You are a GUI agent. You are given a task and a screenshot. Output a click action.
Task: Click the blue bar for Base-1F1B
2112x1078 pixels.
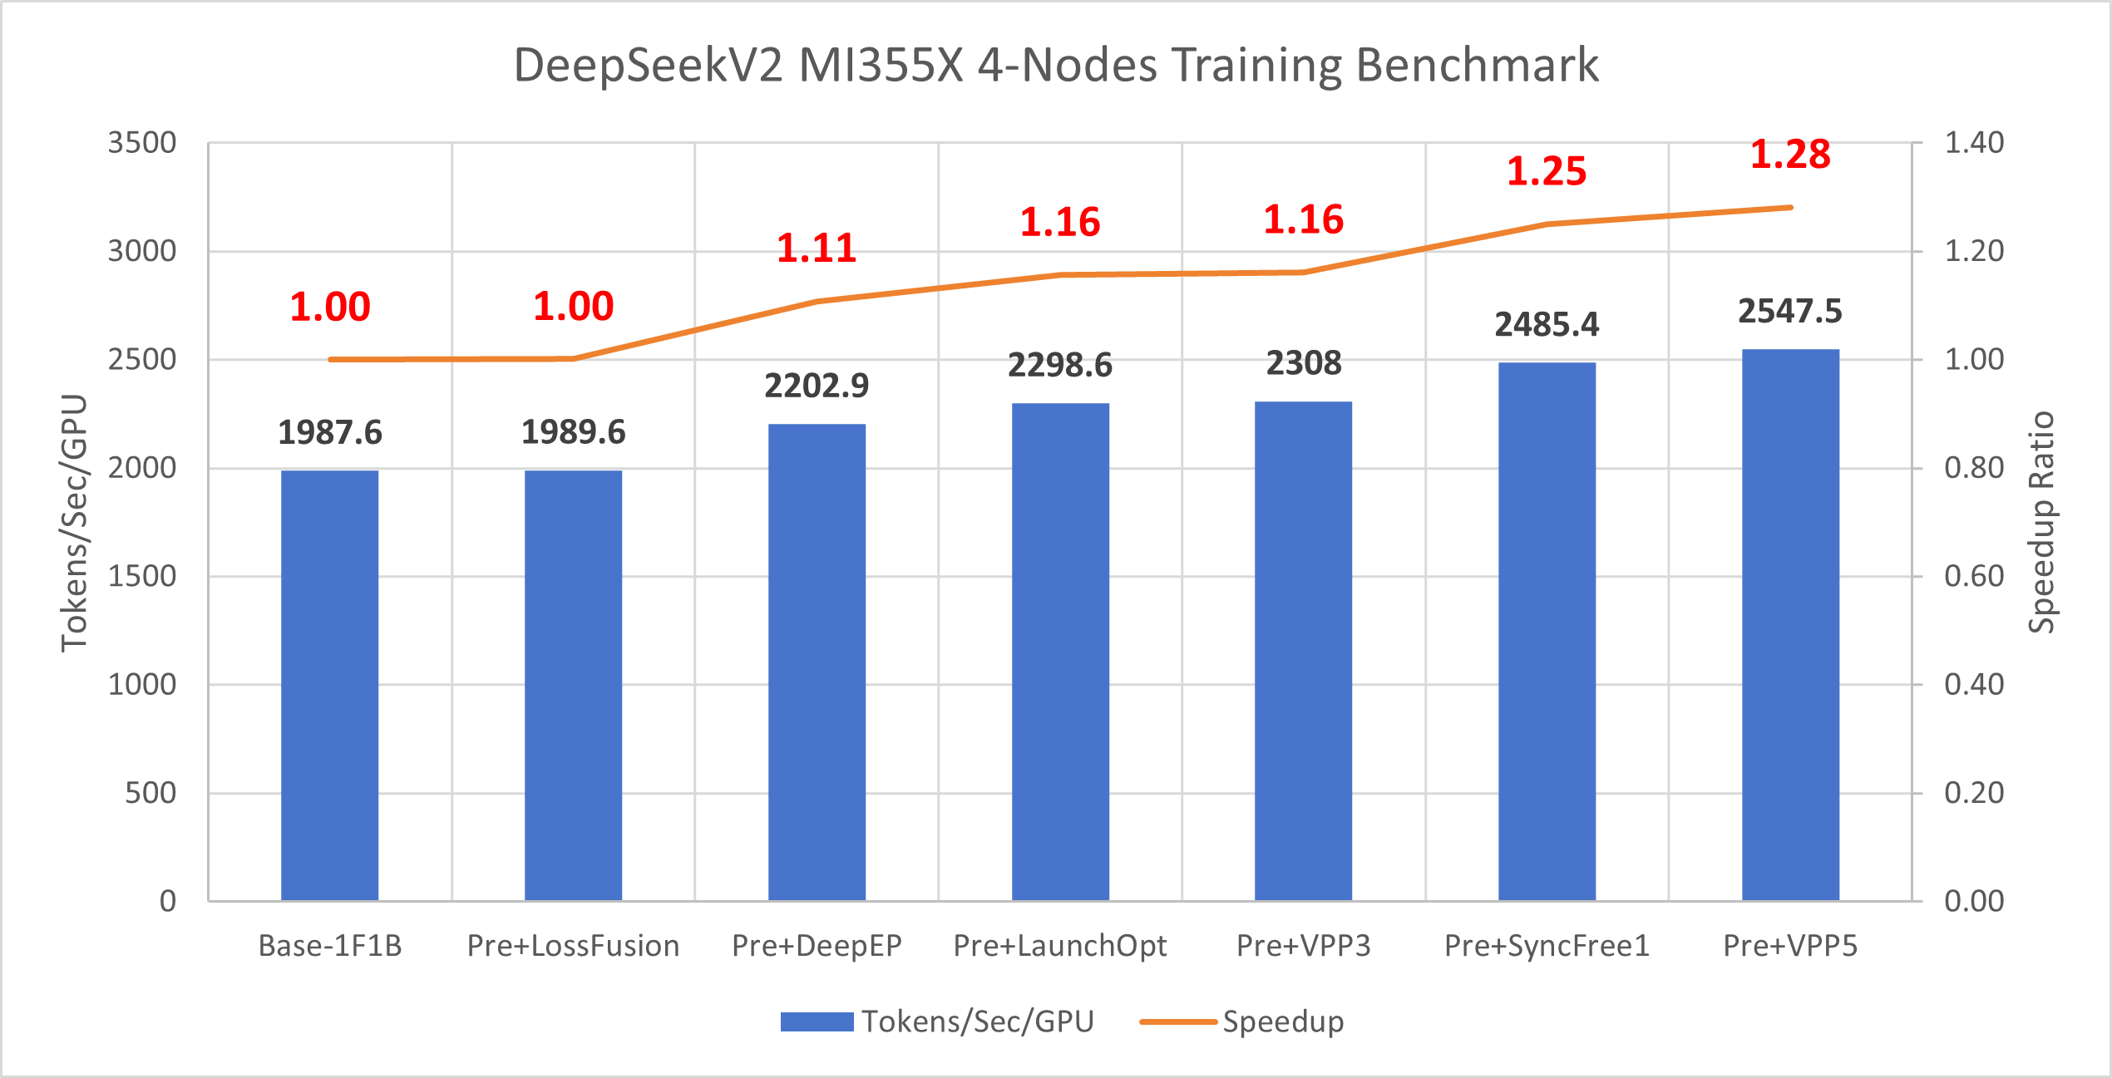(x=329, y=685)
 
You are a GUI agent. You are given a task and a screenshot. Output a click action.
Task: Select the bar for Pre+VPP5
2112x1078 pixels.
(x=1790, y=624)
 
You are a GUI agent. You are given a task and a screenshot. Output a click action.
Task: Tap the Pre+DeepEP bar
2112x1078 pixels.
(x=817, y=662)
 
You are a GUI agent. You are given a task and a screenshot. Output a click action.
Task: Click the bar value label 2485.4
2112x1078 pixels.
(x=1547, y=325)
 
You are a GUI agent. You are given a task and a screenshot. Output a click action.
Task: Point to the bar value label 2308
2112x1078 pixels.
(x=1303, y=364)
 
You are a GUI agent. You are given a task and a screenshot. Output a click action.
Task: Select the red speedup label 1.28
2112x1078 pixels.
(x=1790, y=155)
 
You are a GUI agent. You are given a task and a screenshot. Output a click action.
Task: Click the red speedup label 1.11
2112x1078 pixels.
(x=817, y=249)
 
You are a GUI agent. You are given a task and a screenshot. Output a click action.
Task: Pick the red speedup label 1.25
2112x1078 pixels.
(x=1547, y=171)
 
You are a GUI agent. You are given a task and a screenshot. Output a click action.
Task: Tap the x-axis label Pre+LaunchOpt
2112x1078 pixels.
(x=1059, y=946)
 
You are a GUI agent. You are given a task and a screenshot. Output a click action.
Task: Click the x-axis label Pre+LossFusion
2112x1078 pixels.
(x=573, y=946)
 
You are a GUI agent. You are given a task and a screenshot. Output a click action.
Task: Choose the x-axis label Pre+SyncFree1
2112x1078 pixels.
(x=1547, y=946)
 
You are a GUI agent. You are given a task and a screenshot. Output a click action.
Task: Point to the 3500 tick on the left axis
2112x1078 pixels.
(x=142, y=143)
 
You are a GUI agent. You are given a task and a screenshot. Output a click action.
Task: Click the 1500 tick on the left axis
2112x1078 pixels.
(x=142, y=576)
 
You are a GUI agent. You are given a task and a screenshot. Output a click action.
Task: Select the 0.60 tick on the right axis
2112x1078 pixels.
(x=1974, y=576)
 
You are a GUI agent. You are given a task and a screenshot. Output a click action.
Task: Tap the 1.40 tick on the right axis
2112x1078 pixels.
(x=1974, y=143)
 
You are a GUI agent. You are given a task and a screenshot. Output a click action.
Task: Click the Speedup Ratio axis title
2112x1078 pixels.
(x=2041, y=522)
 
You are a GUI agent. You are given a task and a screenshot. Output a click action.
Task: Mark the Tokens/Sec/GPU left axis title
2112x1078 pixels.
(x=74, y=522)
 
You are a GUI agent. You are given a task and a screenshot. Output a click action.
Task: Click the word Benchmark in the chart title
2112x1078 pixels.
(x=1477, y=65)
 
